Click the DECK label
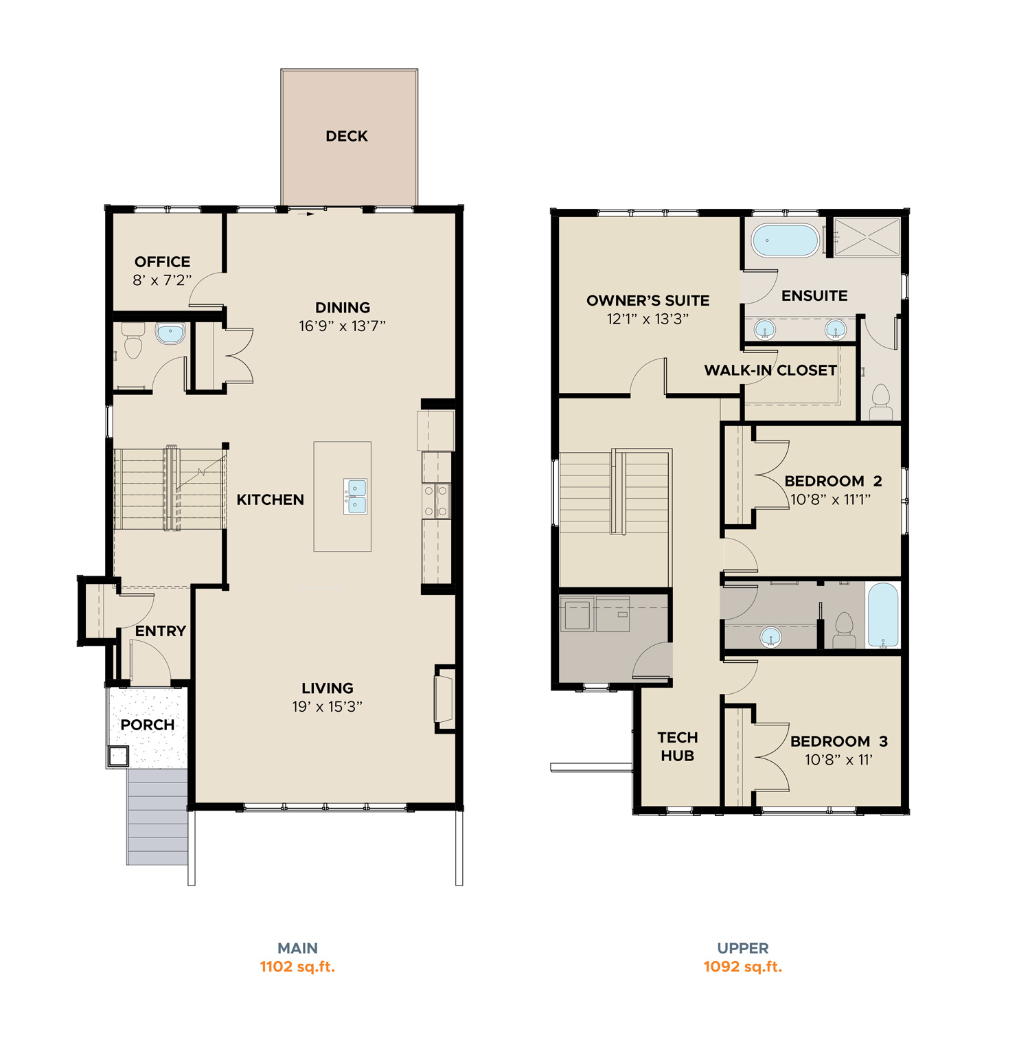pos(347,136)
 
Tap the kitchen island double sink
pos(356,497)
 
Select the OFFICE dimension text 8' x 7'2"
pos(162,280)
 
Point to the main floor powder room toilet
pos(133,341)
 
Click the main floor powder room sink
pos(170,334)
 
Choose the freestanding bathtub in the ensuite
pos(786,241)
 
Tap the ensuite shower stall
pos(867,238)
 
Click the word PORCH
pos(148,725)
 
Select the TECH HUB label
pos(678,747)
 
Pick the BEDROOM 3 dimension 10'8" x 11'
pos(838,760)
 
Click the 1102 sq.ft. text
pos(297,967)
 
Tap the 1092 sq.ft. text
pos(743,967)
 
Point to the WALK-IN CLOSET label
pos(770,370)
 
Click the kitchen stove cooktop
pos(436,501)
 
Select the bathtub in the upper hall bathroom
pos(883,615)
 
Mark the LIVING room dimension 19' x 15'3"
pos(328,706)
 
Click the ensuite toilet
pos(880,402)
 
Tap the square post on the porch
pos(118,756)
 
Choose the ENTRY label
pos(161,631)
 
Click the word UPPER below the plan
pos(743,948)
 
